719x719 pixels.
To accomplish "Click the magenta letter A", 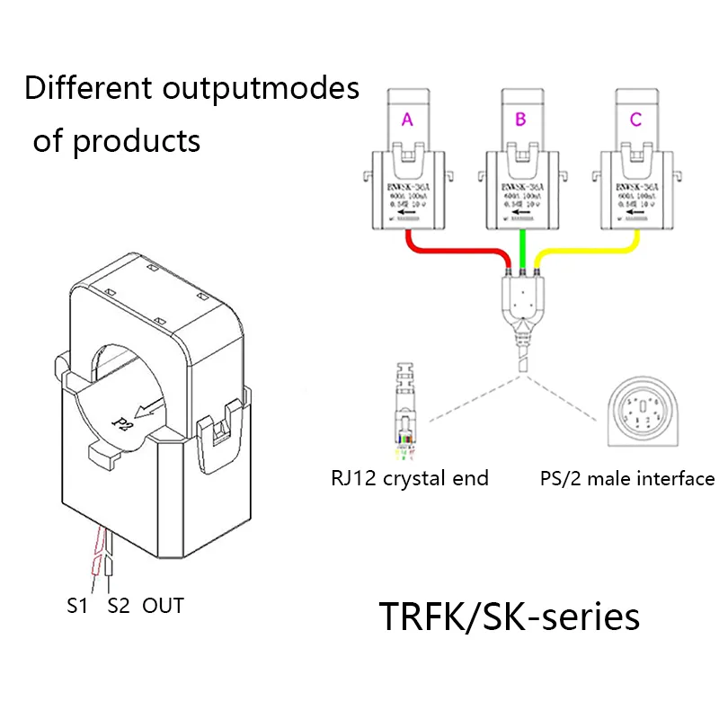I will coord(406,120).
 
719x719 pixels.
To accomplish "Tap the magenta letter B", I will coord(521,120).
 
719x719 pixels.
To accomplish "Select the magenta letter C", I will coord(636,120).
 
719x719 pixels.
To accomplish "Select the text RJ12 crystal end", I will coord(409,478).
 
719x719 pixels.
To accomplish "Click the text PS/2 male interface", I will coord(627,478).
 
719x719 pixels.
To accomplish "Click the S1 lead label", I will coord(77,606).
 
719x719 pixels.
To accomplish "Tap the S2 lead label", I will coord(119,606).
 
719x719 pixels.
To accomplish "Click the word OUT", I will coord(163,606).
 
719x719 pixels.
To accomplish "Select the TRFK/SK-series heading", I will coord(509,617).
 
